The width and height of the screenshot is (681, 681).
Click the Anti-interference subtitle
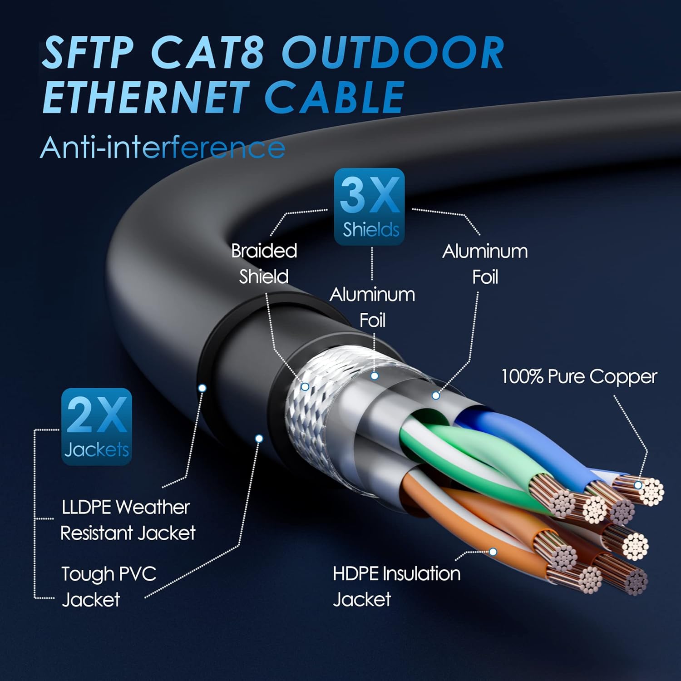(x=163, y=148)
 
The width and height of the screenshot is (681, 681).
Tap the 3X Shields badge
(x=369, y=207)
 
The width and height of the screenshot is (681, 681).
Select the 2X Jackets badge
(x=97, y=427)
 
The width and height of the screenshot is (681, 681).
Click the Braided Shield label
(x=264, y=263)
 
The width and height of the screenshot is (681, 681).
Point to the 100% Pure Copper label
(x=579, y=377)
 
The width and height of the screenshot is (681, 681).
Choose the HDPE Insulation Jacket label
(x=396, y=586)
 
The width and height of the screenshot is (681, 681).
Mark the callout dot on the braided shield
(x=305, y=387)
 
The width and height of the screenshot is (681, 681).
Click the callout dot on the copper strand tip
(x=638, y=485)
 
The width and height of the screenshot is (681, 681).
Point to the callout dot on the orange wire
(x=493, y=552)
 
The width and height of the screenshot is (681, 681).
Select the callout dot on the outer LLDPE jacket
(x=202, y=388)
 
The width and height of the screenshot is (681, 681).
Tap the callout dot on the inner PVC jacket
(x=259, y=438)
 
